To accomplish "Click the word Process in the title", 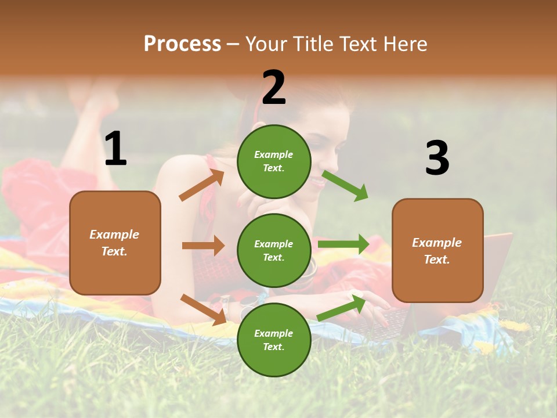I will [x=182, y=44].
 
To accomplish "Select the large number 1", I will [x=115, y=149].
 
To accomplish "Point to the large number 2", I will [x=274, y=88].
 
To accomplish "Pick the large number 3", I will [x=437, y=158].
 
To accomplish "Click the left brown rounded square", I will [x=115, y=243].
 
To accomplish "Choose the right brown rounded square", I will [x=437, y=251].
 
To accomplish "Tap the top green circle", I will [x=274, y=161].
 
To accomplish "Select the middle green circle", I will [x=274, y=250].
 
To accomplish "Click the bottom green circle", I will [x=274, y=340].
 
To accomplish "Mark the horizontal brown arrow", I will [x=203, y=246].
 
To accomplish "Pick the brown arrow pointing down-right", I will [x=203, y=309].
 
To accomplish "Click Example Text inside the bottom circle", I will [x=274, y=340].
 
